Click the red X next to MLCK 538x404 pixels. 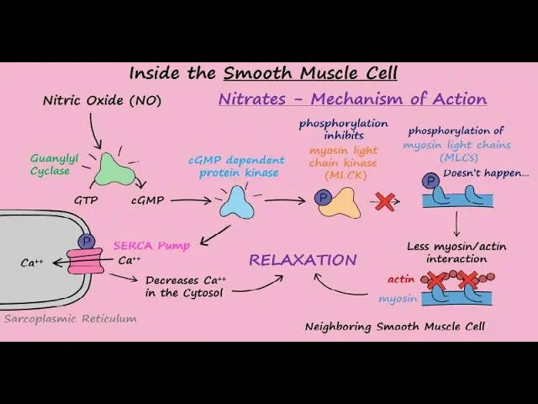coord(385,201)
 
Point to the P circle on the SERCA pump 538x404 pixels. coord(86,242)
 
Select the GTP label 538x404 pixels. coord(85,201)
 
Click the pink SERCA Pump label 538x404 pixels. coord(151,246)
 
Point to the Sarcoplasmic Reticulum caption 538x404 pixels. coord(70,319)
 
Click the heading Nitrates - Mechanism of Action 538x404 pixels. coord(352,98)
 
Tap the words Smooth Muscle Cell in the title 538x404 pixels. coord(310,73)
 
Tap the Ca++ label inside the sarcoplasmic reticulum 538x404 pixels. coord(32,263)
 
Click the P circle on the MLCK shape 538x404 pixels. coord(322,199)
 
